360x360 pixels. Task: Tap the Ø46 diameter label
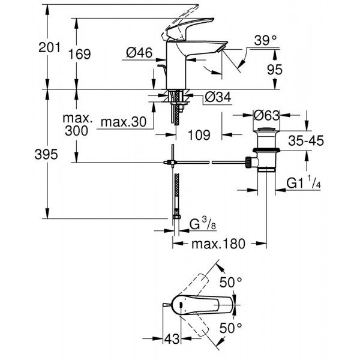pyautogui.click(x=139, y=53)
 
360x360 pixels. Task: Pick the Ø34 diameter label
pyautogui.click(x=217, y=97)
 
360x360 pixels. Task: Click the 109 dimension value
pyautogui.click(x=199, y=135)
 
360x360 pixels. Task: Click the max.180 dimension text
pyautogui.click(x=219, y=245)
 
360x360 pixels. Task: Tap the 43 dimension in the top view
pyautogui.click(x=172, y=338)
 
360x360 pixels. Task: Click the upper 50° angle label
pyautogui.click(x=230, y=281)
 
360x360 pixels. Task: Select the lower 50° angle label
pyautogui.click(x=230, y=327)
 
